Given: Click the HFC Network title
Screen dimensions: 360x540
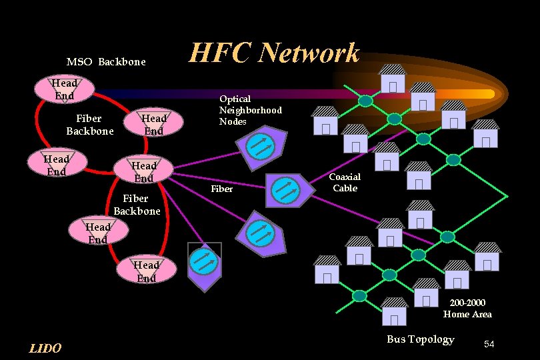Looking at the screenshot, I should pos(275,53).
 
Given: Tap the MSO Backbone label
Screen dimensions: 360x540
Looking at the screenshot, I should pos(106,62).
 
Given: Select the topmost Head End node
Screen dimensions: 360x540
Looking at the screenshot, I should pos(64,89).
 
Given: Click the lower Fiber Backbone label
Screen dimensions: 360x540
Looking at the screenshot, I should pos(137,205).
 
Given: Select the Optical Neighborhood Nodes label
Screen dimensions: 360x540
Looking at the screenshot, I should pos(251,110).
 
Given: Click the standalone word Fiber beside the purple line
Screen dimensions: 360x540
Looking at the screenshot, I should pos(221,189).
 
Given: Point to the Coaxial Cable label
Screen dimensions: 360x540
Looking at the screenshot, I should pos(345,182).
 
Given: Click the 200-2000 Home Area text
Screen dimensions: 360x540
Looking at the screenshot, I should pos(467,309).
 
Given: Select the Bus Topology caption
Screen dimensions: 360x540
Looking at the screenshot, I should pos(420,339).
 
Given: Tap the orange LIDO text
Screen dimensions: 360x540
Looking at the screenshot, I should pos(45,348).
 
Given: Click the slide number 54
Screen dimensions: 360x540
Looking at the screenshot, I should pos(489,344).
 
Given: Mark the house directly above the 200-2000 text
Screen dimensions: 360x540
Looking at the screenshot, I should pos(426,293).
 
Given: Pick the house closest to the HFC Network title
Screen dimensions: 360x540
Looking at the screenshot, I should pos(392,79).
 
